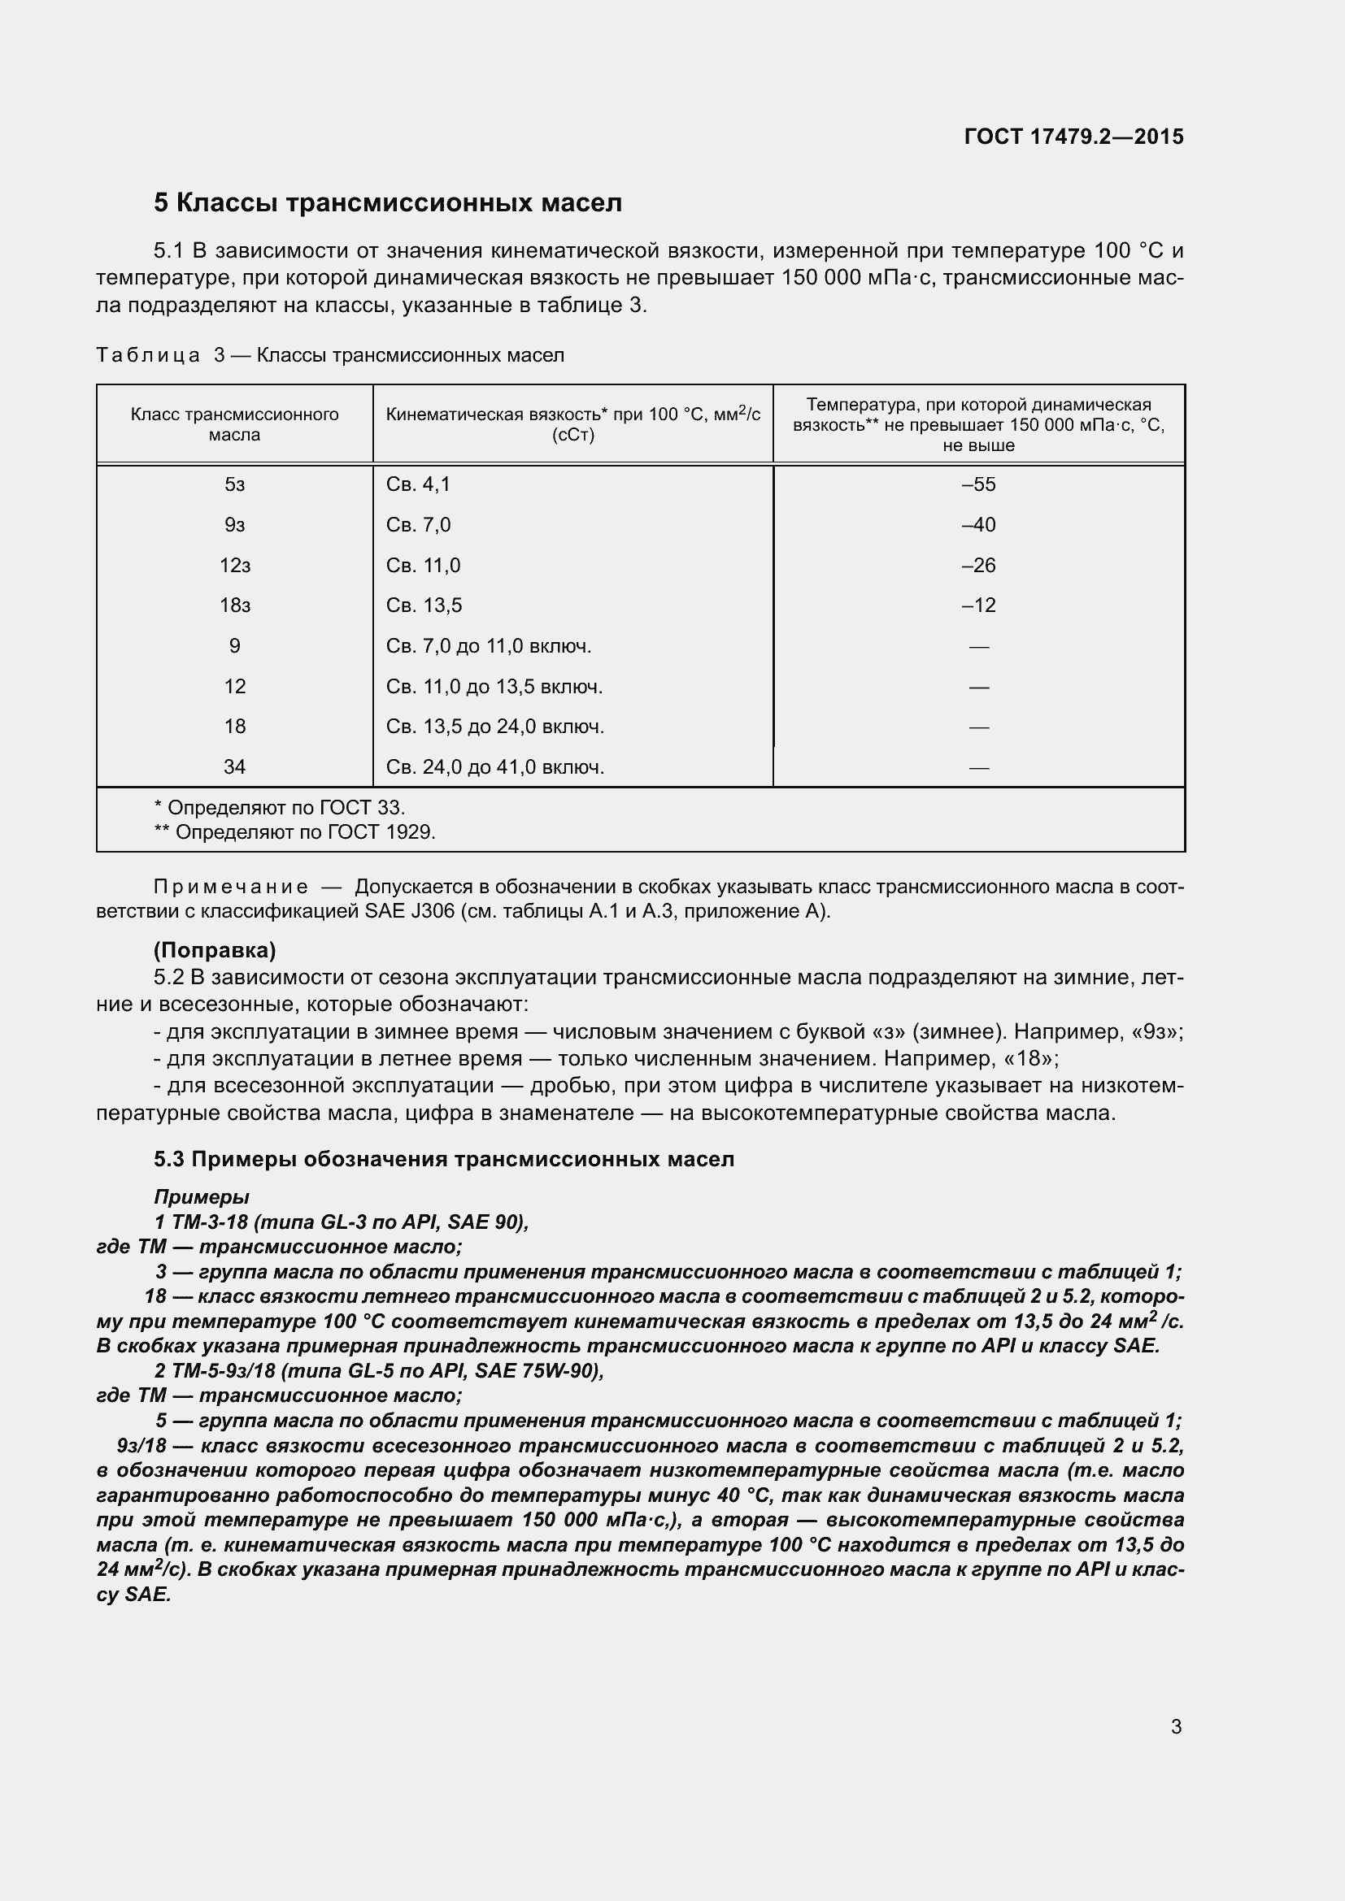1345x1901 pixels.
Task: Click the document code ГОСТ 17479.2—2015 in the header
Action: (x=1073, y=137)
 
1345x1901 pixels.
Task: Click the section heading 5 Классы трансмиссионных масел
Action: (x=388, y=203)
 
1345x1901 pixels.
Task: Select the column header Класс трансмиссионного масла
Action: (x=234, y=424)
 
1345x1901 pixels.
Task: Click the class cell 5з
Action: (x=234, y=484)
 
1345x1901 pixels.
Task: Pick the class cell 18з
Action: (x=234, y=605)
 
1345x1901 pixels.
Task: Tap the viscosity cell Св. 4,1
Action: (x=418, y=484)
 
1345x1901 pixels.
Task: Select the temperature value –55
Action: (x=978, y=484)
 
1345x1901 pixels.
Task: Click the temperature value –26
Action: (x=978, y=566)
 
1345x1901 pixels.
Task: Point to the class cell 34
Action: (x=234, y=766)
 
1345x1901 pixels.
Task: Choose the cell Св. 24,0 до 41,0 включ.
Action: (x=494, y=767)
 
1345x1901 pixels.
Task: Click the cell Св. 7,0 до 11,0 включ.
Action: (x=489, y=646)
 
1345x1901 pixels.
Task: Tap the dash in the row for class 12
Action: (x=978, y=688)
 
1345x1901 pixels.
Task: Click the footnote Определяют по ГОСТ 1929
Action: (x=295, y=832)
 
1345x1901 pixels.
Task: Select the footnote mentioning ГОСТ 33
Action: (x=280, y=807)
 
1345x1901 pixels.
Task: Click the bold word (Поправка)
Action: (x=215, y=949)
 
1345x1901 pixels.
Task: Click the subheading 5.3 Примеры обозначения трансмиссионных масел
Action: (x=444, y=1159)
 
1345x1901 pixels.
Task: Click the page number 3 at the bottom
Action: (x=1176, y=1727)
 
